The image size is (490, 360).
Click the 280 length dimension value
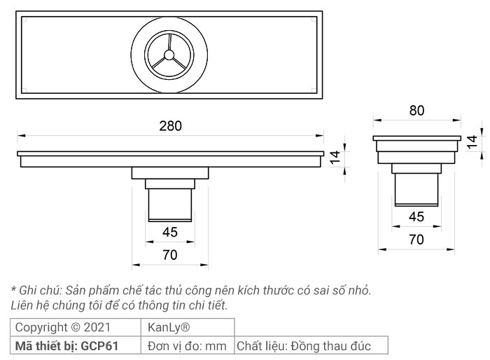click(x=169, y=126)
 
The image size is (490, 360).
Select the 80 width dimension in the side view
click(x=416, y=111)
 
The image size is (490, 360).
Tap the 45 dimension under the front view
click(x=170, y=233)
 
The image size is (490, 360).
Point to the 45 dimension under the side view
click(x=416, y=217)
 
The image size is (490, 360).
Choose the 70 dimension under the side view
click(x=416, y=240)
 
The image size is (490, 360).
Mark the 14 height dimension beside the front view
click(x=335, y=158)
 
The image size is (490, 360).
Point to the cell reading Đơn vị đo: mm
click(x=187, y=345)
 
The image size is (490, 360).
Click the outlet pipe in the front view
click(x=170, y=205)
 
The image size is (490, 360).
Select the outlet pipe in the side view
click(x=417, y=189)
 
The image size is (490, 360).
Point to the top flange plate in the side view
click(x=416, y=138)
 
